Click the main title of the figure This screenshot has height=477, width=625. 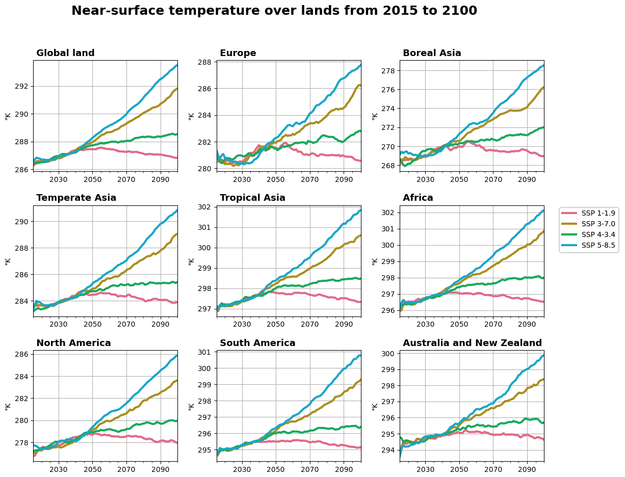coord(274,11)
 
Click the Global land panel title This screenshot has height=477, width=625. coord(65,53)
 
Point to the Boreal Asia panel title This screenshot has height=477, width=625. coord(432,53)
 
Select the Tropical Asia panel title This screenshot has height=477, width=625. coord(252,198)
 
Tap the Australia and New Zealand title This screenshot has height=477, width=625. coord(472,343)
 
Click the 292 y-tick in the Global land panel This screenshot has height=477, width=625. coord(23,86)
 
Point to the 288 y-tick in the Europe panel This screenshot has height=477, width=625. coord(206,63)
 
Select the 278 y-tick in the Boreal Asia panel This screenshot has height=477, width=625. coord(389,70)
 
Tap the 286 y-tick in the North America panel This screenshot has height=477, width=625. coord(23,354)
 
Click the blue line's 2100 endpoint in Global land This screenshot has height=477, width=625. coord(177,65)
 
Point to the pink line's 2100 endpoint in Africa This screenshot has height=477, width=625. coord(543,302)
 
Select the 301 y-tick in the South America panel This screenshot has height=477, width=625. coord(206,352)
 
